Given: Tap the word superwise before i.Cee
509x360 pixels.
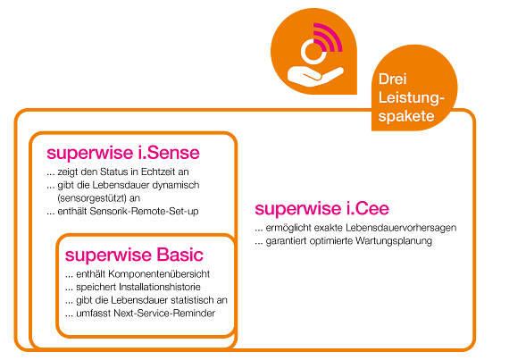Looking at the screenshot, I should pyautogui.click(x=296, y=209).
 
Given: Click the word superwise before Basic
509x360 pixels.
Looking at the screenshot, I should pyautogui.click(x=108, y=255).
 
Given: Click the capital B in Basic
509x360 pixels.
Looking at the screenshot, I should pyautogui.click(x=161, y=255).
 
